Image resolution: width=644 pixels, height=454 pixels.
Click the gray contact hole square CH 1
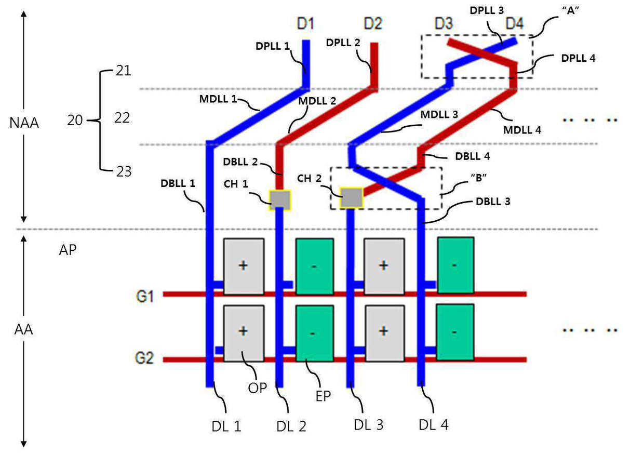tap(280, 200)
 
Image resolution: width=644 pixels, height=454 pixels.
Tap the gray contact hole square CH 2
tap(351, 197)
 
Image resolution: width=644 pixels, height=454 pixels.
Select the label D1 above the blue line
tap(305, 23)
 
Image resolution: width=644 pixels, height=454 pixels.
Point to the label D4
tap(515, 23)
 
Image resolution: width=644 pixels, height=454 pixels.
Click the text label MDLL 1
tap(218, 100)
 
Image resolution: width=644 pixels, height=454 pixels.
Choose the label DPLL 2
tap(343, 43)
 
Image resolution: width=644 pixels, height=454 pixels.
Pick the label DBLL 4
tap(473, 156)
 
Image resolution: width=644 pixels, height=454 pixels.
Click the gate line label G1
tap(145, 296)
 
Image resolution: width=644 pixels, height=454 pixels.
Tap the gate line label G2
tap(144, 358)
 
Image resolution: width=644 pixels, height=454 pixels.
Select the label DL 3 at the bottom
tap(369, 425)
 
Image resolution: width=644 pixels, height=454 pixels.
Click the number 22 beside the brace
tap(122, 118)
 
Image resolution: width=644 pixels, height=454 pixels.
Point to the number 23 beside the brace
tap(124, 171)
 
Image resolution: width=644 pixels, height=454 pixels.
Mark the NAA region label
tap(24, 123)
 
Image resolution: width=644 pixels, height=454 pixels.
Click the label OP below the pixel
tap(258, 389)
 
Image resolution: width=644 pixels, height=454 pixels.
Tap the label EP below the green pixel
tap(323, 396)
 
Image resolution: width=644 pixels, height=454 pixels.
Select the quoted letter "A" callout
tap(571, 10)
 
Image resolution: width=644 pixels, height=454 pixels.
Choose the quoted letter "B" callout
tap(478, 178)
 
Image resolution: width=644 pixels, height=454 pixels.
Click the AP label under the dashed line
tap(68, 250)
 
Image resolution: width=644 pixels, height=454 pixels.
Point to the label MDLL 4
tap(522, 130)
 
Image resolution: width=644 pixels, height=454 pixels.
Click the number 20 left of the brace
tap(75, 120)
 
